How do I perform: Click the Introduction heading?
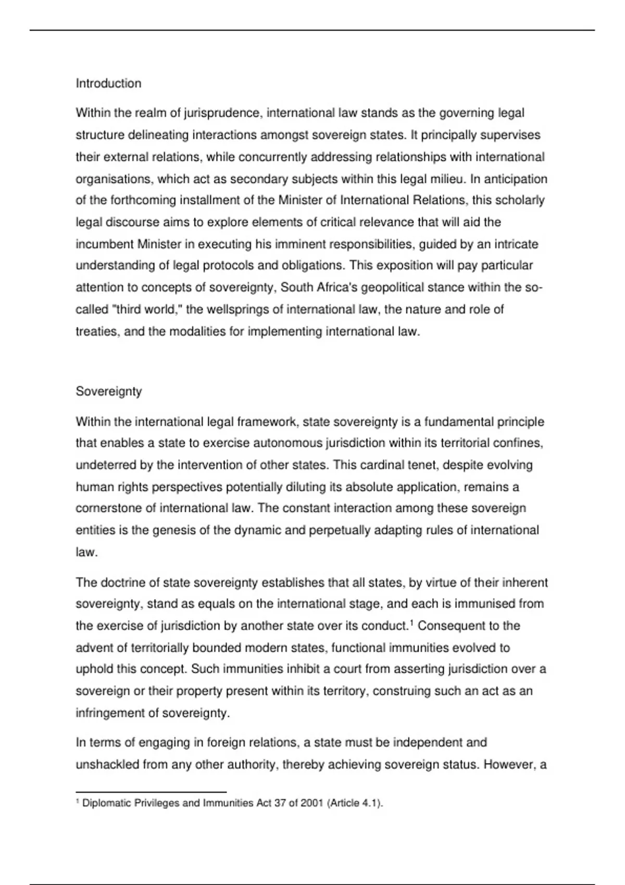point(108,83)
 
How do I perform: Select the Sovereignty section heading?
point(109,391)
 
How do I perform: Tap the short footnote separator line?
point(151,791)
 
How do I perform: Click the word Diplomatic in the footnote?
point(106,803)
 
